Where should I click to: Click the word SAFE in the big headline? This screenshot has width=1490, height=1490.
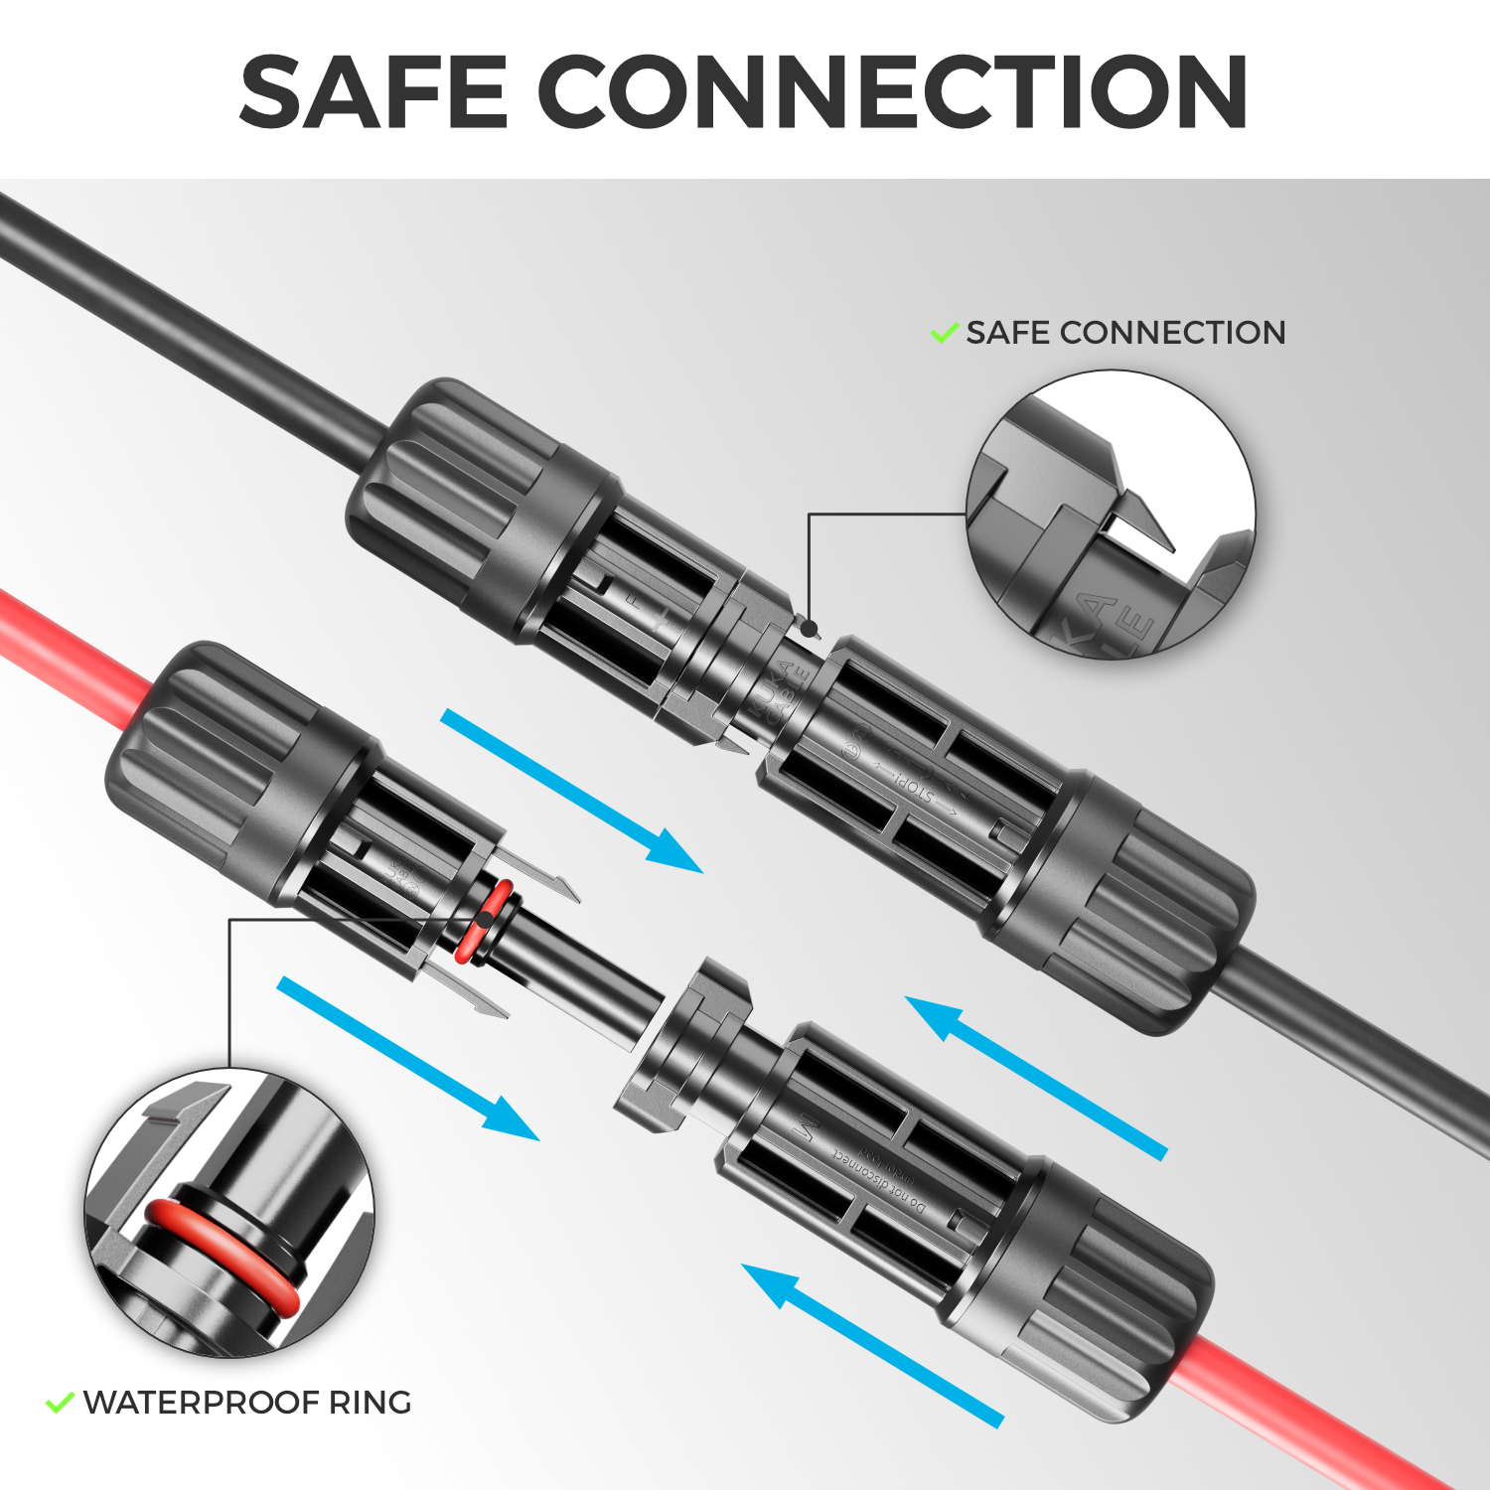click(374, 91)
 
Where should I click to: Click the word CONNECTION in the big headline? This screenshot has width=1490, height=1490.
click(893, 91)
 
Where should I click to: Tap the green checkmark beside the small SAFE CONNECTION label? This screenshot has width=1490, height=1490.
click(944, 333)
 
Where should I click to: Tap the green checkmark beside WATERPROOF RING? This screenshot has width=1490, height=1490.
click(61, 1403)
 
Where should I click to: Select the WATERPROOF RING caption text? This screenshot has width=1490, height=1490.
click(247, 1403)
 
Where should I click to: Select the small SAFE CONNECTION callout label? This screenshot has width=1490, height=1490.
click(1125, 333)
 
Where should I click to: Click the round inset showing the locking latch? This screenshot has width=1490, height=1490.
click(1111, 514)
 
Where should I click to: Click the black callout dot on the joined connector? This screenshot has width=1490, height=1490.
click(810, 628)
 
